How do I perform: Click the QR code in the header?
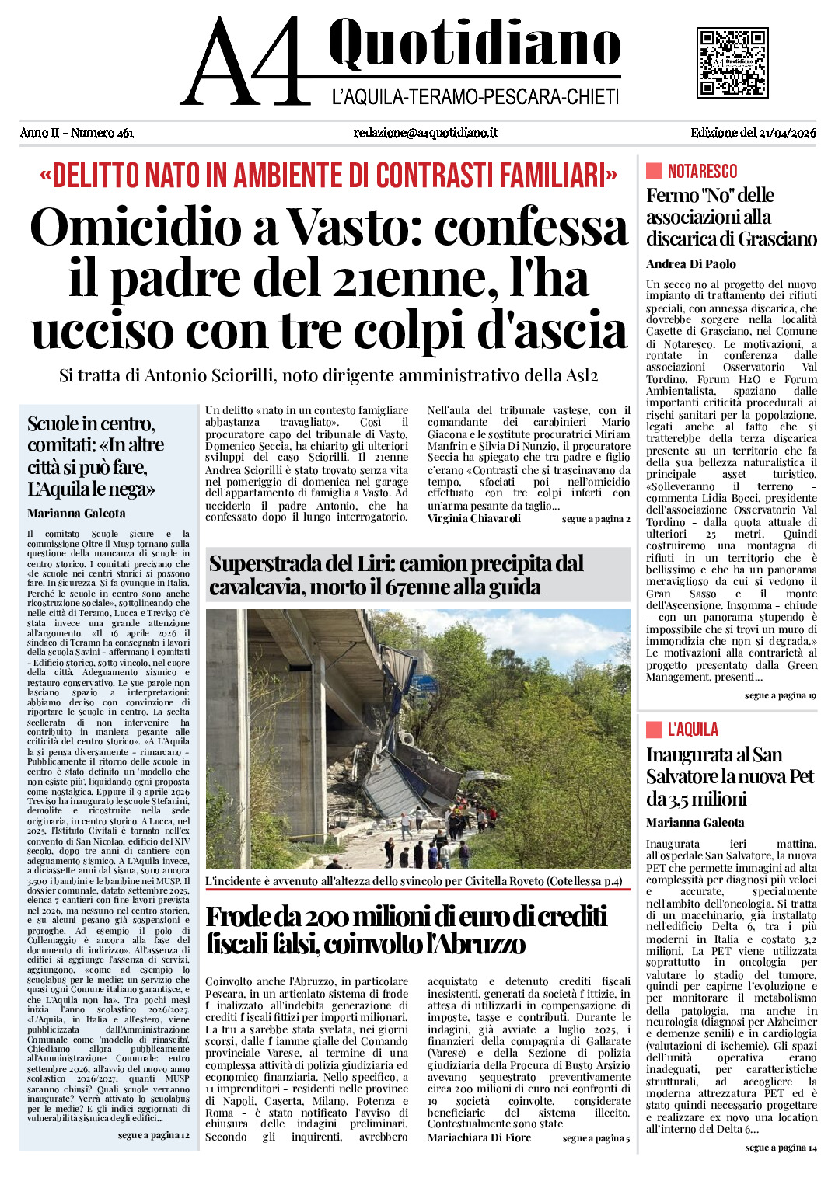[732, 63]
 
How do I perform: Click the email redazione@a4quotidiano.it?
[425, 133]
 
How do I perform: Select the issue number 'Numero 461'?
[102, 133]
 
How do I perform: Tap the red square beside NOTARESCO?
[654, 171]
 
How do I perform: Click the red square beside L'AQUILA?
[654, 729]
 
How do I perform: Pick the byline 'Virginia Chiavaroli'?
[473, 519]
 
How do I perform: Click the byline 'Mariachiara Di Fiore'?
[479, 1137]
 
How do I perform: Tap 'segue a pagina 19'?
[780, 695]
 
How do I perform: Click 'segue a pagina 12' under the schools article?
[153, 1135]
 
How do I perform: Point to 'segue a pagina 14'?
[781, 1148]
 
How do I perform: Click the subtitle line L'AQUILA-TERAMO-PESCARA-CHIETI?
[475, 98]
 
